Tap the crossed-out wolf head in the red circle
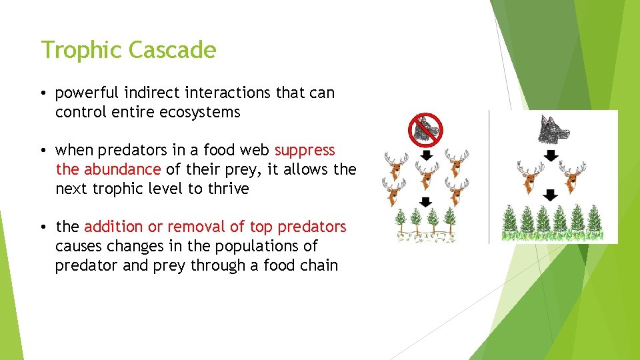coord(425,129)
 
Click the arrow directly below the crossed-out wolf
coord(427,155)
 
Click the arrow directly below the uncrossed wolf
coord(551,155)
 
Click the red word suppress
coord(305,150)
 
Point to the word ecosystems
coord(200,112)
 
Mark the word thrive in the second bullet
coord(229,189)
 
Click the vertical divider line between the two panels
coord(489,177)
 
